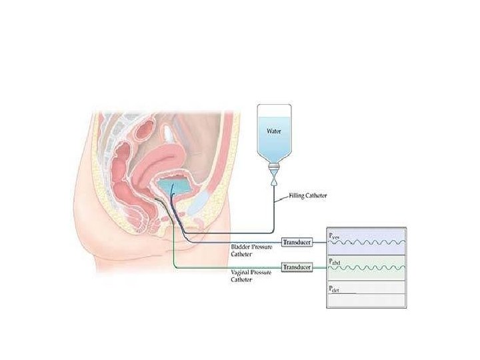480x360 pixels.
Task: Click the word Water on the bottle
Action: [274, 131]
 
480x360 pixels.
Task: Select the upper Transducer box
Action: [297, 241]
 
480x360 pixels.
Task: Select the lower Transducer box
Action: [297, 267]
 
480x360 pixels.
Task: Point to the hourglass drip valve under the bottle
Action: [274, 179]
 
